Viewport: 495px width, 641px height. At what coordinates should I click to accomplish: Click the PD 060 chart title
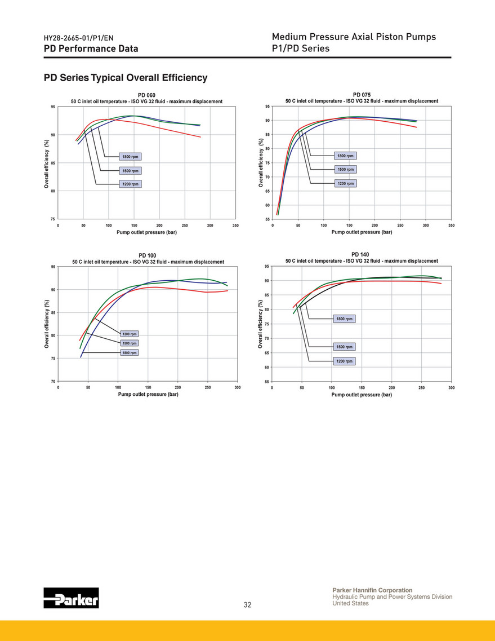coord(146,95)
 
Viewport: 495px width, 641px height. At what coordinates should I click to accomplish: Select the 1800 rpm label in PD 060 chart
coord(130,156)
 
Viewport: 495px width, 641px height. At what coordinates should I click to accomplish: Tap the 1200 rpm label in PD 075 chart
coord(345,183)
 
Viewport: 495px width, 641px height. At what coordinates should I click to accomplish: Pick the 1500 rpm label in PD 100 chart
coord(130,343)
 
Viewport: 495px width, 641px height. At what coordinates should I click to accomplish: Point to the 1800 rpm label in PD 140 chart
coord(344,319)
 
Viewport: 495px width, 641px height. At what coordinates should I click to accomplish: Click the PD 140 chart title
coord(362,255)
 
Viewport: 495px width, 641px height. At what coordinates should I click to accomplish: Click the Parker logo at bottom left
coord(72,598)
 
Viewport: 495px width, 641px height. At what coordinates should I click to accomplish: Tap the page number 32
coord(247,605)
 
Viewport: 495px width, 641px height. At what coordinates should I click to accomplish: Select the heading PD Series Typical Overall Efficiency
coord(126,78)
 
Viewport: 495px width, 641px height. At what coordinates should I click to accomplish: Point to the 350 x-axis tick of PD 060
coord(235,225)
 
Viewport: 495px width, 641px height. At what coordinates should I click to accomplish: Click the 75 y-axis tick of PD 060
coord(53,219)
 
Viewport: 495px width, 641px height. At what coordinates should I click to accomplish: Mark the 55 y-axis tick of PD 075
coord(267,219)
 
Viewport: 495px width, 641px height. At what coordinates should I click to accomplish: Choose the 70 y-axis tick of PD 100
coord(53,381)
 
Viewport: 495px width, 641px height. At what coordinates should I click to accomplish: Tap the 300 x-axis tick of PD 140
coord(452,388)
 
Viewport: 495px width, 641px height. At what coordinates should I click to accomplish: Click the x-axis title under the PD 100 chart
coord(148,395)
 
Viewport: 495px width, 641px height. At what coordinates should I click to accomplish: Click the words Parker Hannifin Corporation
coord(372,590)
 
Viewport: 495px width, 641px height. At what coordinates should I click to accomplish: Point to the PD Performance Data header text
coord(91,49)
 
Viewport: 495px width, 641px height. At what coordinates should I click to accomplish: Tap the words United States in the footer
coord(350,603)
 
